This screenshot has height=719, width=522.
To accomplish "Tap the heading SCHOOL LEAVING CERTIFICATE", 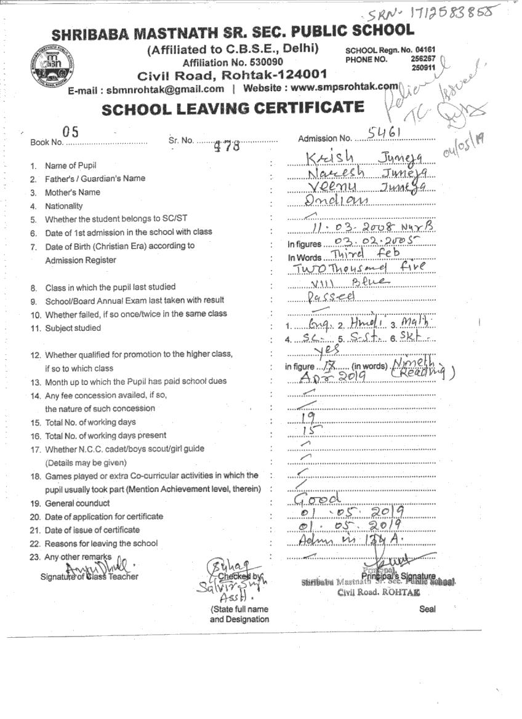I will (233, 108).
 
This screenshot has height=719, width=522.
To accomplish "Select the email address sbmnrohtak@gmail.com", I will (165, 89).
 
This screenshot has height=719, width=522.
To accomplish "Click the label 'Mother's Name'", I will (72, 193).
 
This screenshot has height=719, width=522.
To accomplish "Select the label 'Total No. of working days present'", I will (105, 435).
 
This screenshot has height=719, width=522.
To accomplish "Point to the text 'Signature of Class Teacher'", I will (89, 576).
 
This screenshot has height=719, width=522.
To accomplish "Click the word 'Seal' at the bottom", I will (427, 609).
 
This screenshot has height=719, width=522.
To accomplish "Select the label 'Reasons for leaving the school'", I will (101, 544).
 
